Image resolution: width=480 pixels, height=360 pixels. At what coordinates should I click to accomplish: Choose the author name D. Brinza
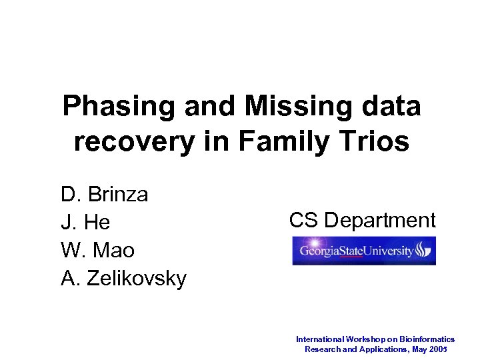(105, 195)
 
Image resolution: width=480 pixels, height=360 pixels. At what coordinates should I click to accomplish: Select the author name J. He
(85, 223)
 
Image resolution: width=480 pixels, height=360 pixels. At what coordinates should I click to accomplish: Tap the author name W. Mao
(97, 251)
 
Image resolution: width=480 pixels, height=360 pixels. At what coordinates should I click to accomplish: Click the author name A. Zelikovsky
(123, 278)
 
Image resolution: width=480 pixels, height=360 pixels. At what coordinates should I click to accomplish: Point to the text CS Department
(362, 220)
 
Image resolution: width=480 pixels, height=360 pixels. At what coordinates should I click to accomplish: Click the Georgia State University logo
(363, 251)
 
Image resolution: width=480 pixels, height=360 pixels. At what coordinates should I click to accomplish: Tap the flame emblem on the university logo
(423, 251)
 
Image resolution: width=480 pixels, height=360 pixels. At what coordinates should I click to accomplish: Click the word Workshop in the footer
(370, 339)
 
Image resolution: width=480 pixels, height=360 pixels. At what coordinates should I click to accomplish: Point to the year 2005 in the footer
(439, 349)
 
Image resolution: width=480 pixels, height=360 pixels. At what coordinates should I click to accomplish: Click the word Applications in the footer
(383, 349)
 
